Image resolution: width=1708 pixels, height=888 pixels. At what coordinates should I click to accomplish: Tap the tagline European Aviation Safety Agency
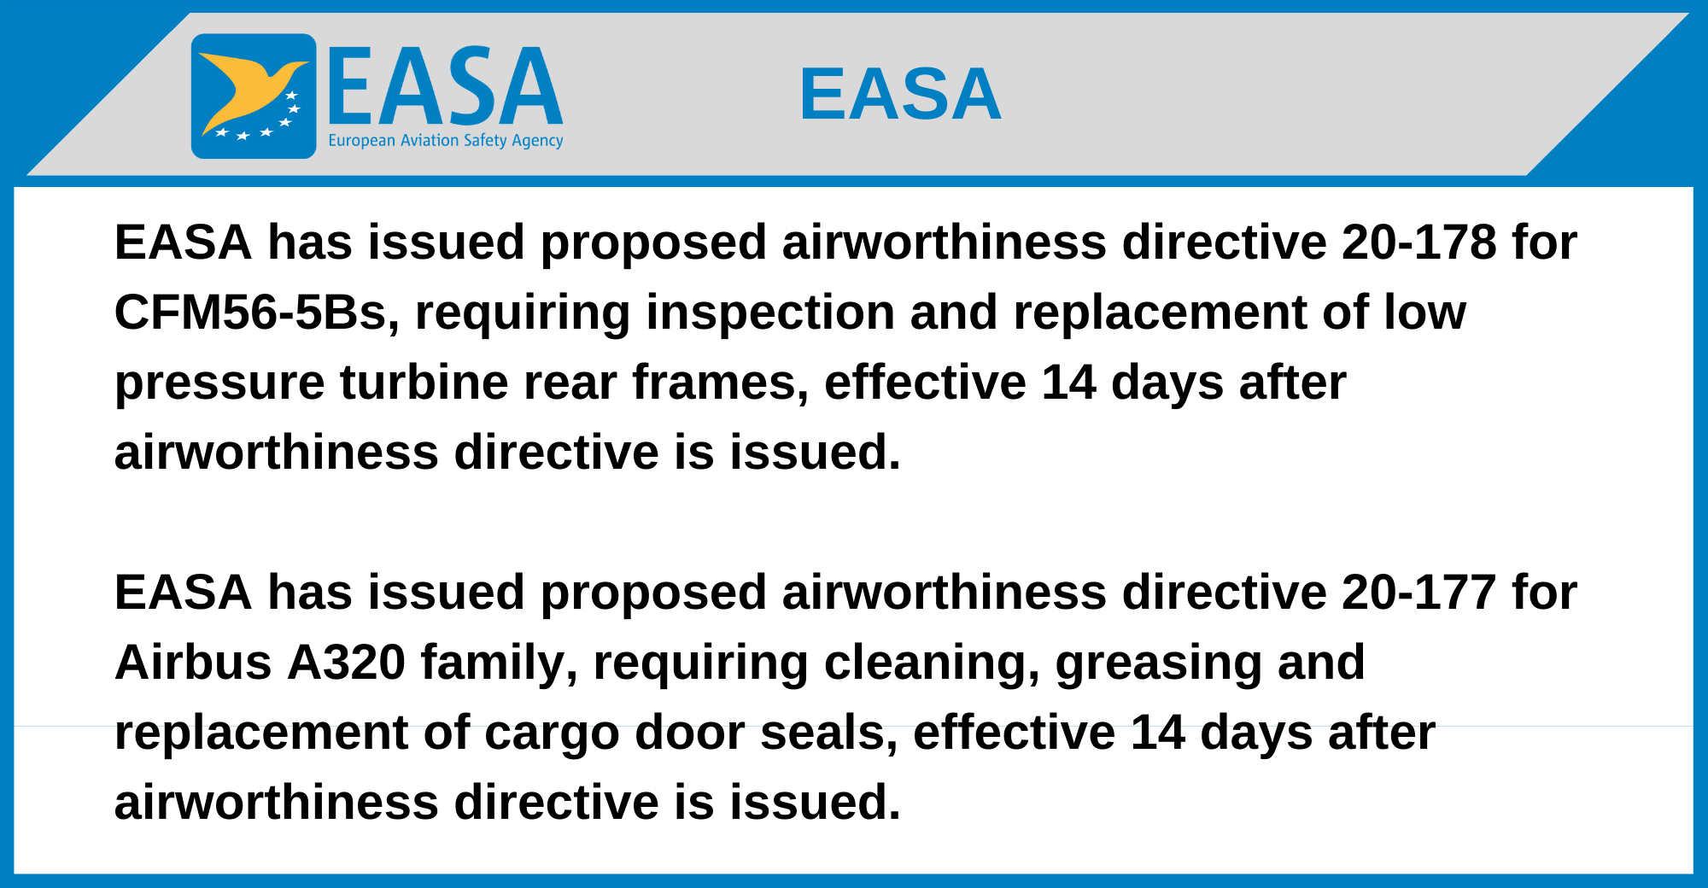tap(446, 141)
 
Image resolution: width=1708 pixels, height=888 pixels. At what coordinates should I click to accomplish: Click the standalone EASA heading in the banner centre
tap(900, 94)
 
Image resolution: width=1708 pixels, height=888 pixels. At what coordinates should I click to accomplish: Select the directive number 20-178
tap(1418, 242)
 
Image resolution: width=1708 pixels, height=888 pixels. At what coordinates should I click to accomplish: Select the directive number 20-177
tap(1418, 592)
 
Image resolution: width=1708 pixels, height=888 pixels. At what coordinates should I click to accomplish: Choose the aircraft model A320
tap(346, 662)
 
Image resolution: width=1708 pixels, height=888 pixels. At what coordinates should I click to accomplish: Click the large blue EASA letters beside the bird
tap(445, 85)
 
